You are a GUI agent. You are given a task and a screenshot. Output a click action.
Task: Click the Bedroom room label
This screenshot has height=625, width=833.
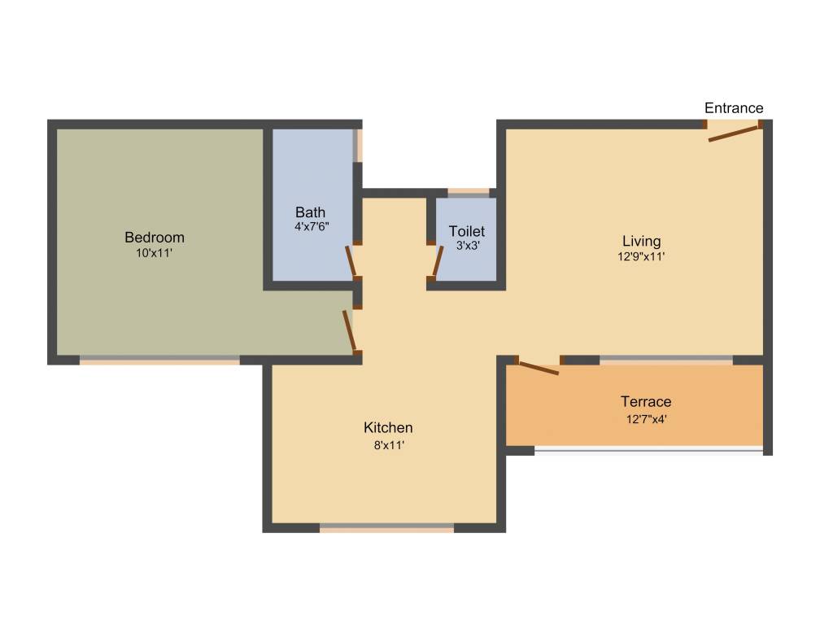pos(155,238)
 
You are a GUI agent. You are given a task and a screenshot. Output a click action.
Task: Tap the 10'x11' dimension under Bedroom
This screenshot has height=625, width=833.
pos(155,253)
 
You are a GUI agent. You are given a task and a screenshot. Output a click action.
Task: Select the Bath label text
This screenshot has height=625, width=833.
pos(311,212)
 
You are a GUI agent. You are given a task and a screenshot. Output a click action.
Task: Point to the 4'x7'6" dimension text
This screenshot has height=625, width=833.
pos(312,226)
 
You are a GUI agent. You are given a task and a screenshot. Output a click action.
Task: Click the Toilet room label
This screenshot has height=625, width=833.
pos(467,232)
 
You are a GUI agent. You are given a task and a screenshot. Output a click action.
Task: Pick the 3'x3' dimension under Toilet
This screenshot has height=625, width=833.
pos(467,245)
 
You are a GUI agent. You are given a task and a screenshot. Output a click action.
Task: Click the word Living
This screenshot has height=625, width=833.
pos(642,241)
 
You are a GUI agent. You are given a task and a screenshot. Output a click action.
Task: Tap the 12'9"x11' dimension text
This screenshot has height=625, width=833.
pos(642,256)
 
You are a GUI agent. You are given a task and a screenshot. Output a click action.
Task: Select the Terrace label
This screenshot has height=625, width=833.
pos(646,402)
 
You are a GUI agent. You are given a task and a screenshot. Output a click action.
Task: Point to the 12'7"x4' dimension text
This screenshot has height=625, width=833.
pos(646,420)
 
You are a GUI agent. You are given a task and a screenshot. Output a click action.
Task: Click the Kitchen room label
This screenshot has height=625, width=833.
pos(388,427)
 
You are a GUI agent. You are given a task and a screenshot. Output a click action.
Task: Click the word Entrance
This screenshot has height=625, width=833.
pos(734,108)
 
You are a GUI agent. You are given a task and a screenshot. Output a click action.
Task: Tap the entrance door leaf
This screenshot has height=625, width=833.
pos(733,133)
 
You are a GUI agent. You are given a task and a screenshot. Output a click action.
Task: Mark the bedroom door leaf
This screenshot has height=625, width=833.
pos(349,330)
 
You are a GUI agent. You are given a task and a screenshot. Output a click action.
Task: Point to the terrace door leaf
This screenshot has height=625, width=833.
pos(539,368)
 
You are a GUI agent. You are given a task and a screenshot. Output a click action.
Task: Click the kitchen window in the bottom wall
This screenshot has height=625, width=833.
pos(386,527)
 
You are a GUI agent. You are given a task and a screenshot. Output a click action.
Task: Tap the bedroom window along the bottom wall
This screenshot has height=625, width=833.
pos(159,360)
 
